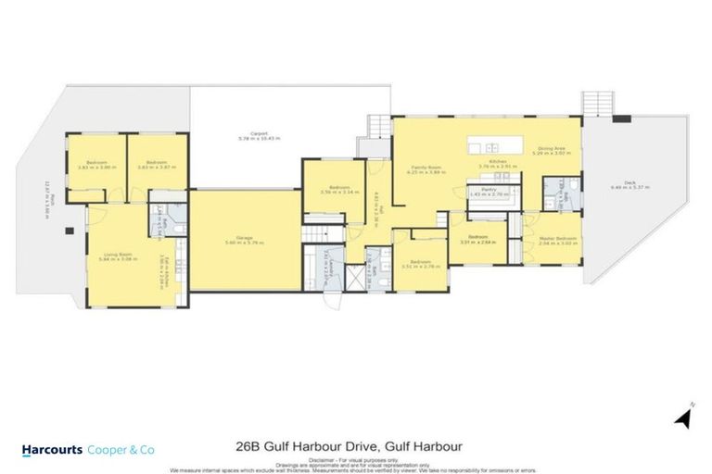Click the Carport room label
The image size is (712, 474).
pyautogui.click(x=246, y=135)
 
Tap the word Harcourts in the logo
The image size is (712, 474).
pyautogui.click(x=52, y=449)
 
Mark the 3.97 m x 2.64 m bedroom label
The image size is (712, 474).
pyautogui.click(x=478, y=240)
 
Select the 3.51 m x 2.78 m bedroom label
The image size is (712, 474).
pyautogui.click(x=419, y=263)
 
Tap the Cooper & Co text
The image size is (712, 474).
pyautogui.click(x=121, y=449)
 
